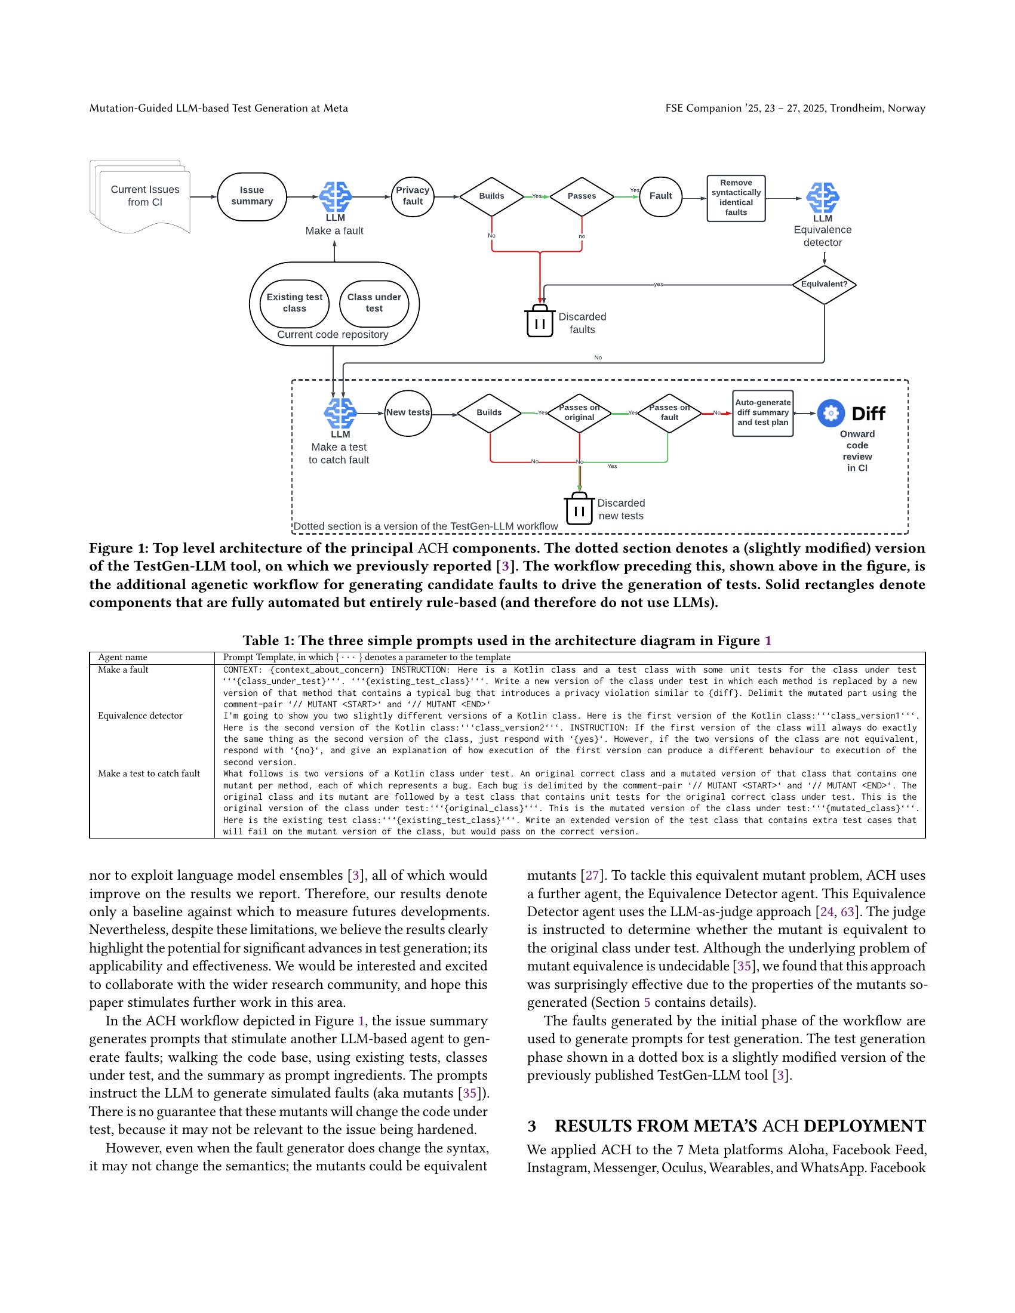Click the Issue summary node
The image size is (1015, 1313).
pyautogui.click(x=251, y=196)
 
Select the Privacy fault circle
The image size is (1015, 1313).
pyautogui.click(x=413, y=196)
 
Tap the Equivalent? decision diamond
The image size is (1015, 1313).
pyautogui.click(x=824, y=284)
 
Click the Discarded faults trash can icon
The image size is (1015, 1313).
pyautogui.click(x=539, y=321)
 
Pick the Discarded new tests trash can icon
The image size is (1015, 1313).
pyautogui.click(x=579, y=508)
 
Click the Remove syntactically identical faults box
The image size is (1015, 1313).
pyautogui.click(x=736, y=198)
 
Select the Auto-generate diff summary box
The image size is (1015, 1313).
pyautogui.click(x=762, y=413)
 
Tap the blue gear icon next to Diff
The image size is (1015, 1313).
pyautogui.click(x=832, y=414)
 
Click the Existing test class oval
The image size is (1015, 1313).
pyautogui.click(x=294, y=303)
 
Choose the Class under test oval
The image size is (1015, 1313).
pyautogui.click(x=374, y=303)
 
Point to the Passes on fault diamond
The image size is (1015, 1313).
pyautogui.click(x=669, y=413)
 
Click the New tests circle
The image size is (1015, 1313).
pyautogui.click(x=408, y=412)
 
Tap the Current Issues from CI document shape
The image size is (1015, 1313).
pyautogui.click(x=144, y=196)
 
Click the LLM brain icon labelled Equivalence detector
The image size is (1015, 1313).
pyautogui.click(x=822, y=198)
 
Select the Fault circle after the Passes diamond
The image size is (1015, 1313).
pyautogui.click(x=660, y=196)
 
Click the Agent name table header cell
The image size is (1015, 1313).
pyautogui.click(x=122, y=658)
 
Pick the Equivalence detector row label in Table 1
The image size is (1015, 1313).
pyautogui.click(x=140, y=716)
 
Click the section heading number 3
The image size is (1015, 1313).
pyautogui.click(x=531, y=1126)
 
